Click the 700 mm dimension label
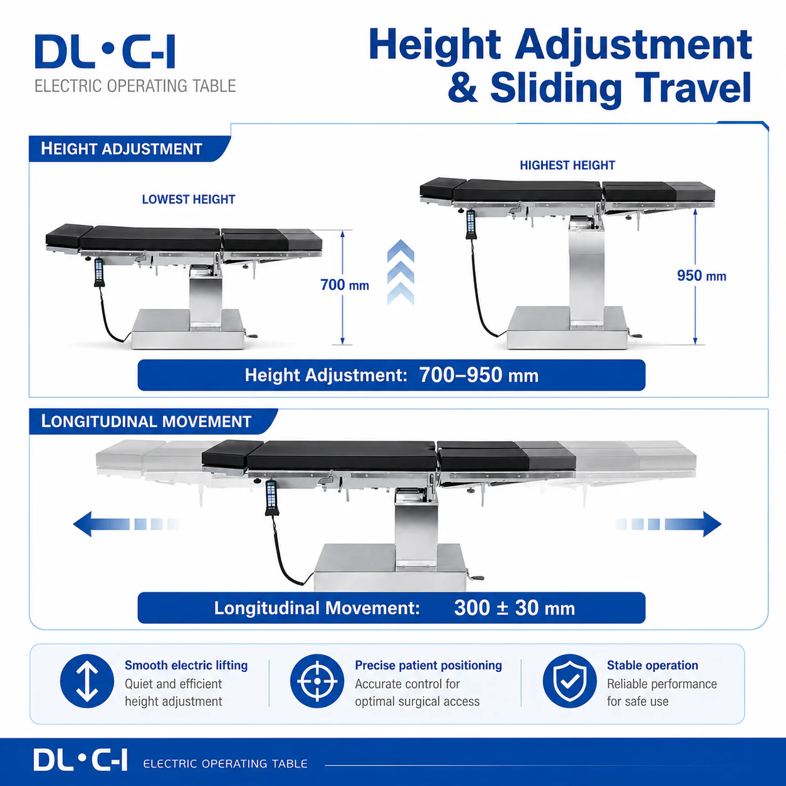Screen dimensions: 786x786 click(x=345, y=285)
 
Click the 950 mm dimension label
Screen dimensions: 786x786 click(x=701, y=276)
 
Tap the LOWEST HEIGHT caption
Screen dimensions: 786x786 click(x=189, y=199)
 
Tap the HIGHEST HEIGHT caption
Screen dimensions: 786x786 click(x=567, y=165)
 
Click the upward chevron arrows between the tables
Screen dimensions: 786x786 click(x=401, y=272)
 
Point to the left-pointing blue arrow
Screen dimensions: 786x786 click(x=125, y=524)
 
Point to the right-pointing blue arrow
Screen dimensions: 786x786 click(x=669, y=524)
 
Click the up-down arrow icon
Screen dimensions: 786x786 click(x=87, y=681)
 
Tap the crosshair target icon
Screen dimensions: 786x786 click(x=317, y=681)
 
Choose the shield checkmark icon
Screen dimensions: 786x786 click(x=569, y=681)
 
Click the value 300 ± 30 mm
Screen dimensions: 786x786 click(x=515, y=608)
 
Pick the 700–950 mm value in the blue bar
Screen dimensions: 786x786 click(x=479, y=375)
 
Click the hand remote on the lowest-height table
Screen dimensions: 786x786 click(x=98, y=272)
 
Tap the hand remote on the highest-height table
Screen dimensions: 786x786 click(x=471, y=224)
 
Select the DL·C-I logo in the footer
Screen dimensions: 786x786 click(x=81, y=760)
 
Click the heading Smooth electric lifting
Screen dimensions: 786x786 click(x=186, y=665)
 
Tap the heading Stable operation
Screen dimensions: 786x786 click(x=652, y=665)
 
